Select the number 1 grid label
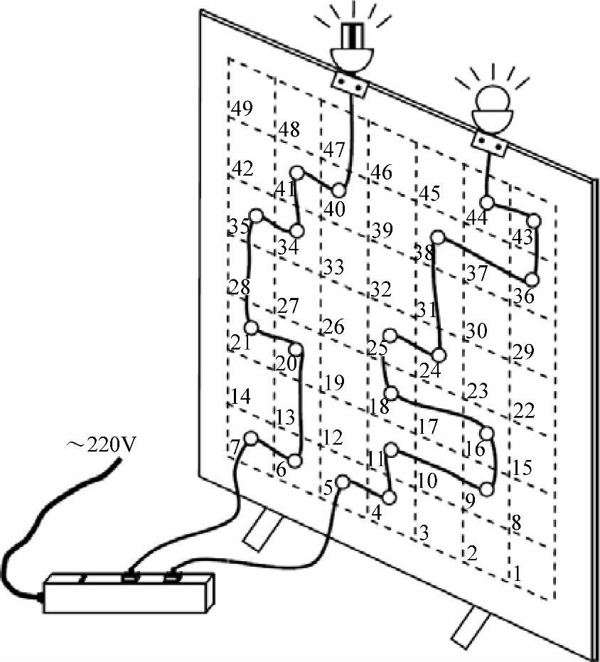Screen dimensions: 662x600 (517, 571)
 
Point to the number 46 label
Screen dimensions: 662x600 (380, 172)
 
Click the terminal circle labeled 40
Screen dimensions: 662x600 (338, 191)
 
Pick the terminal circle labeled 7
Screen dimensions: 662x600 (251, 438)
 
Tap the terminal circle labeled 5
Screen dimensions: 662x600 (343, 481)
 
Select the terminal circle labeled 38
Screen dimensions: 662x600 (439, 237)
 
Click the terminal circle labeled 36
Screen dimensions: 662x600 (532, 278)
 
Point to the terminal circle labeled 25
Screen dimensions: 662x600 (390, 336)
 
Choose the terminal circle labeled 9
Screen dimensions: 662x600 (487, 489)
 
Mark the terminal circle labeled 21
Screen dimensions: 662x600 (250, 327)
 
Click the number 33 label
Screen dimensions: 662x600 (333, 267)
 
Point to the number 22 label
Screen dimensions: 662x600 (524, 410)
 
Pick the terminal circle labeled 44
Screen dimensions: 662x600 (487, 203)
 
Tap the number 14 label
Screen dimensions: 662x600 (241, 396)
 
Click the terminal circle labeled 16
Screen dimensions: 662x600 (487, 433)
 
